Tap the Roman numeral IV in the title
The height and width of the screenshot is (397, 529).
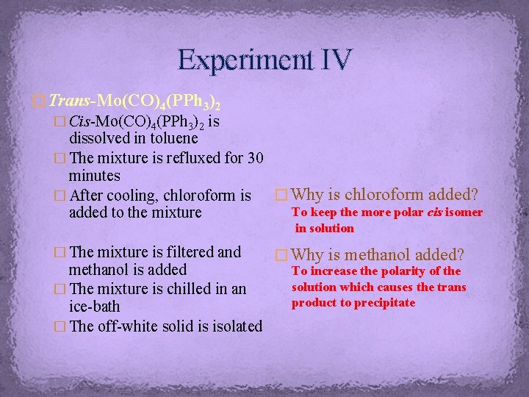click(334, 58)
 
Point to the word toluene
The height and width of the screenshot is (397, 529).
click(171, 137)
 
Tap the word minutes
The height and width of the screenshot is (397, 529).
click(94, 176)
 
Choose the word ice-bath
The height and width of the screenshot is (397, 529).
click(94, 307)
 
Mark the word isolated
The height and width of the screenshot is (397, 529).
click(233, 326)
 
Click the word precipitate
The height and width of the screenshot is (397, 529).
click(385, 303)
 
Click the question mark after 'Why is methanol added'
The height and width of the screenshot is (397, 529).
click(460, 256)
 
